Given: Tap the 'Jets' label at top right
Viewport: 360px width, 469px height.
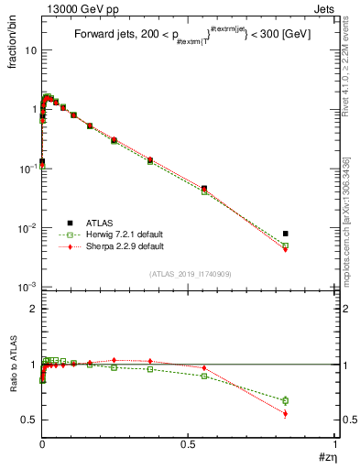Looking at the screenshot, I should pos(324,8).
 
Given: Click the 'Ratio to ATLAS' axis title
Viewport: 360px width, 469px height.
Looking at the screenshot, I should pos(12,366).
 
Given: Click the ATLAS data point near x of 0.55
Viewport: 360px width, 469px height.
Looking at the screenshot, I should pos(203,188).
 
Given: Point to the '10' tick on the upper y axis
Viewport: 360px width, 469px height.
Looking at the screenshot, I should pos(29,50).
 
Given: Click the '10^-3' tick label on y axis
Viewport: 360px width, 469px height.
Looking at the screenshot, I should pos(27,288).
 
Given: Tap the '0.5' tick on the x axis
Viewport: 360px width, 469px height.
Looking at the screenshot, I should pos(189,444).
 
